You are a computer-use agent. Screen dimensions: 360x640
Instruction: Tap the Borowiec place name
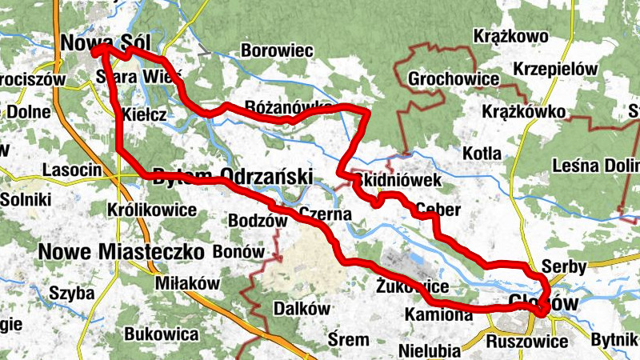pyautogui.click(x=276, y=50)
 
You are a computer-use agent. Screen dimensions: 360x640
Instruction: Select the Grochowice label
pyautogui.click(x=454, y=80)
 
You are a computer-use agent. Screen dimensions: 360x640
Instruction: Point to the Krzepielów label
pyautogui.click(x=556, y=69)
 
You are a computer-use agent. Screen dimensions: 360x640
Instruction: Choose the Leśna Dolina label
pyautogui.click(x=596, y=166)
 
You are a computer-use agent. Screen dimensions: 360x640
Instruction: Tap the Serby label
pyautogui.click(x=564, y=266)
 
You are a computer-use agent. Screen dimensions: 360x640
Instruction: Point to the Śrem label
pyautogui.click(x=349, y=340)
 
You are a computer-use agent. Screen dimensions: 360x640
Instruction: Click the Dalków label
pyautogui.click(x=301, y=309)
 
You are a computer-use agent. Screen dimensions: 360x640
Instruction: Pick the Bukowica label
pyautogui.click(x=162, y=332)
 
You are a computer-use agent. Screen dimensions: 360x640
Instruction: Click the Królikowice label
pyautogui.click(x=151, y=210)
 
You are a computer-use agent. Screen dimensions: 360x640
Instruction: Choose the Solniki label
pyautogui.click(x=26, y=198)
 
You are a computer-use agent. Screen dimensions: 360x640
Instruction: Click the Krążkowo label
pyautogui.click(x=510, y=36)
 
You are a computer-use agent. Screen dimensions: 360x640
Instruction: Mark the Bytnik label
pyautogui.click(x=614, y=340)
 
